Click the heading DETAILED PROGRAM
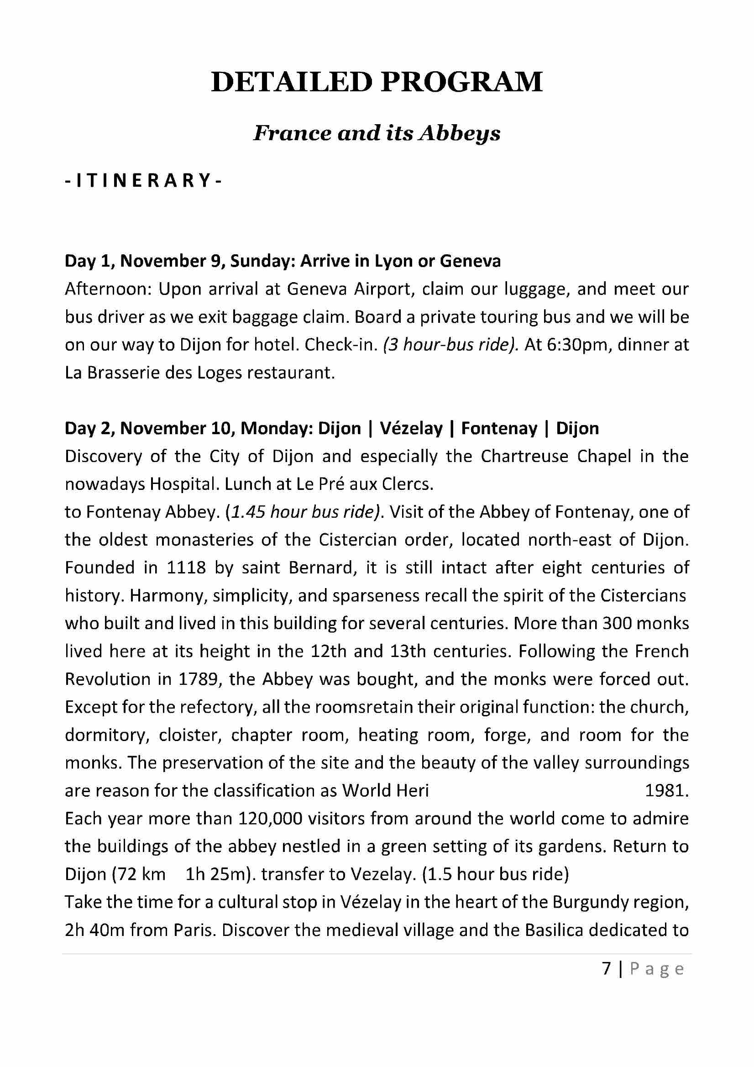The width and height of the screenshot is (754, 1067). pyautogui.click(x=377, y=82)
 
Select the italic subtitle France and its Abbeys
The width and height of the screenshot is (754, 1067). pyautogui.click(x=377, y=134)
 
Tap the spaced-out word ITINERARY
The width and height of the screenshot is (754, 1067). pyautogui.click(x=143, y=180)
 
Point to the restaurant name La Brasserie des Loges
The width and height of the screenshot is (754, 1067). pyautogui.click(x=153, y=373)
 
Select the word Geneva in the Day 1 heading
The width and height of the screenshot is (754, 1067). pyautogui.click(x=470, y=261)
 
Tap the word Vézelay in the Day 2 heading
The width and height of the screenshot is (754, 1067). pyautogui.click(x=411, y=428)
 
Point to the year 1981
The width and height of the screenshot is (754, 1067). pyautogui.click(x=666, y=791)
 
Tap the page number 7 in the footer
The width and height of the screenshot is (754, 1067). pyautogui.click(x=606, y=968)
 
